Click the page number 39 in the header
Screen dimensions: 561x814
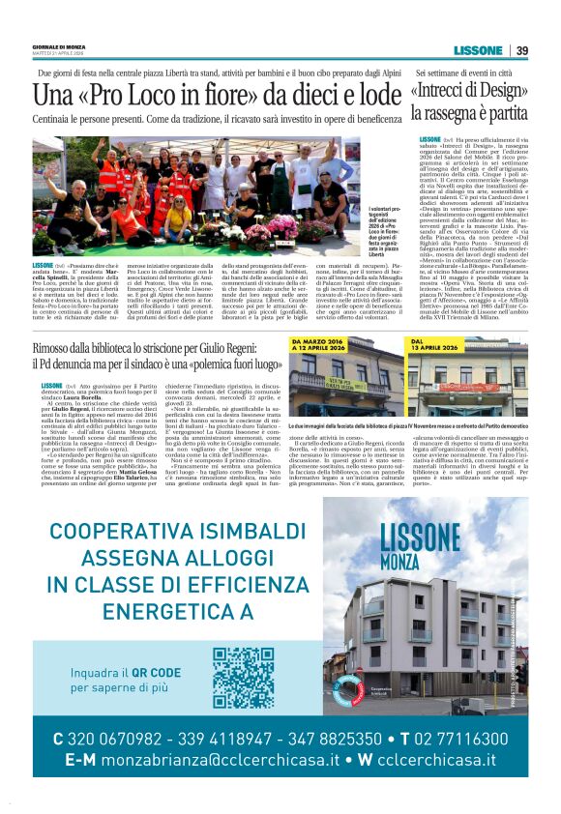point(521,51)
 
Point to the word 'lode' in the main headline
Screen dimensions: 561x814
point(373,96)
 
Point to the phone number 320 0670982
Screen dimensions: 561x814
point(127,739)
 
